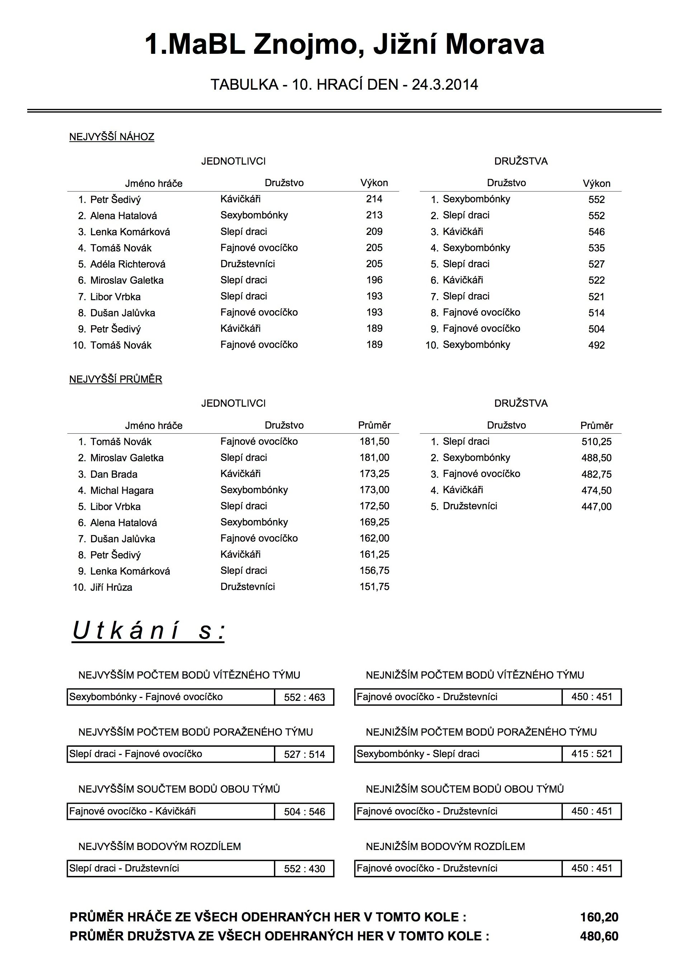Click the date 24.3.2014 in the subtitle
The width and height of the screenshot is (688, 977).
pyautogui.click(x=445, y=84)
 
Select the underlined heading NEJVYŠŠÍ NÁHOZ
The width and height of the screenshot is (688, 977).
pyautogui.click(x=111, y=137)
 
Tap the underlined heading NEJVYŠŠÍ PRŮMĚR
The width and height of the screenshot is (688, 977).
pyautogui.click(x=116, y=379)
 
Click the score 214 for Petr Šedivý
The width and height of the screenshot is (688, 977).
pyautogui.click(x=374, y=199)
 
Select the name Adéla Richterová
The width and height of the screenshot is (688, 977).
pyautogui.click(x=128, y=264)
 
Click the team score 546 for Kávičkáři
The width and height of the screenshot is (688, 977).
pyautogui.click(x=596, y=232)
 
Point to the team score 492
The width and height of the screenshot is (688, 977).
pyautogui.click(x=596, y=345)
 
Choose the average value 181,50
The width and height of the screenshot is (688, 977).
pyautogui.click(x=374, y=441)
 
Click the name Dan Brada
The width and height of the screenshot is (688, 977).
pyautogui.click(x=114, y=474)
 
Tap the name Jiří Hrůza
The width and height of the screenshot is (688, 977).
pyautogui.click(x=111, y=587)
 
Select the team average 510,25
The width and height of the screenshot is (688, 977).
pyautogui.click(x=596, y=442)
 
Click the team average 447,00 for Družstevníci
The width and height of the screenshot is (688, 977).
pyautogui.click(x=596, y=506)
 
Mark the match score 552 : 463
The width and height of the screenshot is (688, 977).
pyautogui.click(x=304, y=698)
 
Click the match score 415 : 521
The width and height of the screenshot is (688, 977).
pyautogui.click(x=592, y=754)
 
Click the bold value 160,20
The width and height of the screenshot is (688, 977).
pyautogui.click(x=599, y=917)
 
